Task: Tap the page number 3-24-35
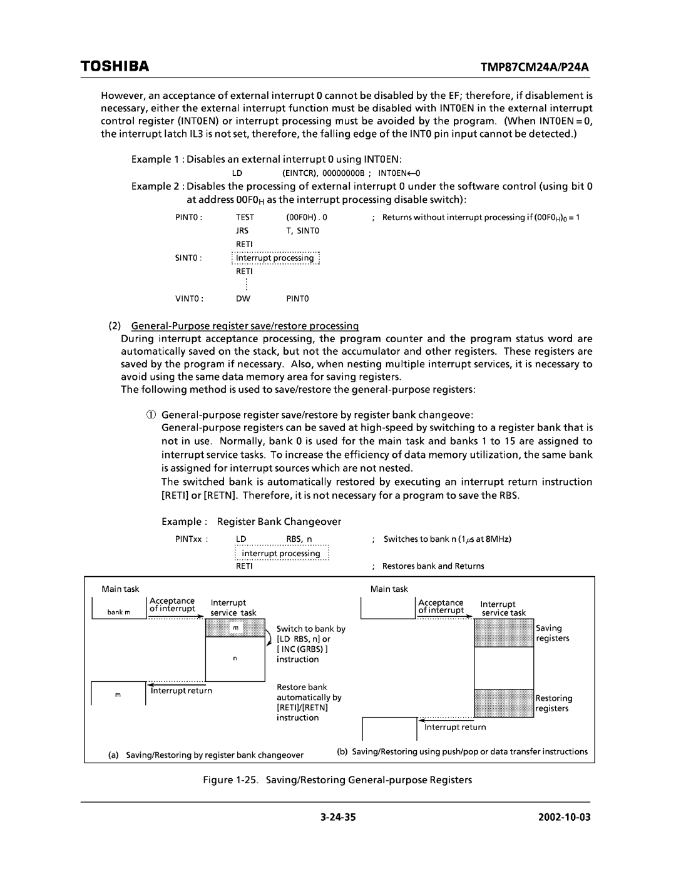338,818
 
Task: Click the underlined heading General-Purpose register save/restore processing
244,325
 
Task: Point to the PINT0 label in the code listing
187,218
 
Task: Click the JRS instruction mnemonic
242,231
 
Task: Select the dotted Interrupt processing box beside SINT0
275,258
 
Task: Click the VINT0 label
187,299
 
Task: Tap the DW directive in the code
243,299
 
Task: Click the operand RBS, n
299,539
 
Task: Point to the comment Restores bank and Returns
433,566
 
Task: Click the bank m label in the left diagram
118,612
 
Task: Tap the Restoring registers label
553,703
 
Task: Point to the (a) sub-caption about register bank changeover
206,755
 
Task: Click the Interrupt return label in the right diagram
455,727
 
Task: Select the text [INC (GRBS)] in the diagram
303,649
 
